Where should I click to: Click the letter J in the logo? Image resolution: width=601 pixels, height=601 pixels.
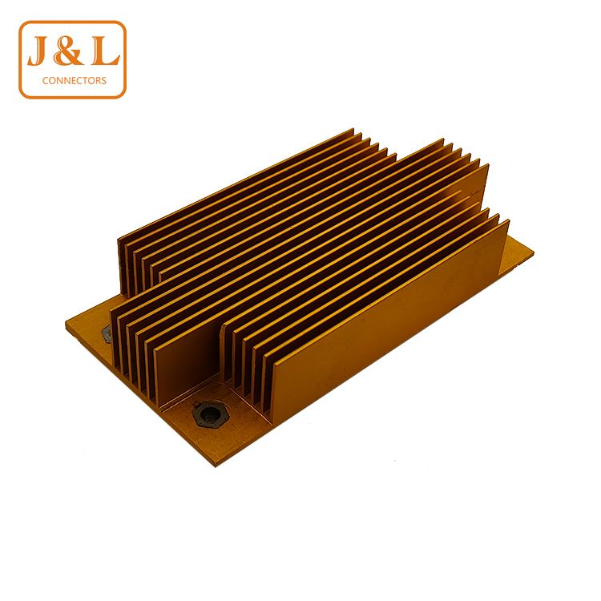point(38,50)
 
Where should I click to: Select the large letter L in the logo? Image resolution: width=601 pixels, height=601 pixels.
point(105,50)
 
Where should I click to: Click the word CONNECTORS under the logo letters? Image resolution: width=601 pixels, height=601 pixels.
point(75,80)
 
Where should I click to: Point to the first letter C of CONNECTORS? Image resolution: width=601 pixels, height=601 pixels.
point(45,80)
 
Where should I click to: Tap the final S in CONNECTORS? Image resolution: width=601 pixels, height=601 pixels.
point(103,80)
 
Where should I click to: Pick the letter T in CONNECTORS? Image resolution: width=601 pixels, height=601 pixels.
point(83,80)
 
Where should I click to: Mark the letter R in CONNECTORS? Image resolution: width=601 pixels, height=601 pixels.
point(97,80)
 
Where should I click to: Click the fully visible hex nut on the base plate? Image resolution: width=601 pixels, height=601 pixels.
point(210,415)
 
